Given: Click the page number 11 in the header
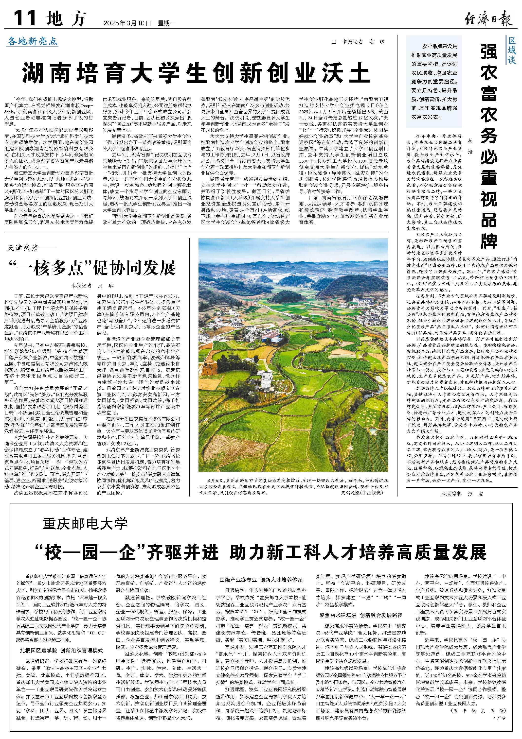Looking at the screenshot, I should click(24, 18).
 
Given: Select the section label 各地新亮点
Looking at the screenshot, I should click(33, 41).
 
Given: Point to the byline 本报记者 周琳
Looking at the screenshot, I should click(92, 286).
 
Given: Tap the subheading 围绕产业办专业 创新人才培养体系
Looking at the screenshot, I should click(261, 579).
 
